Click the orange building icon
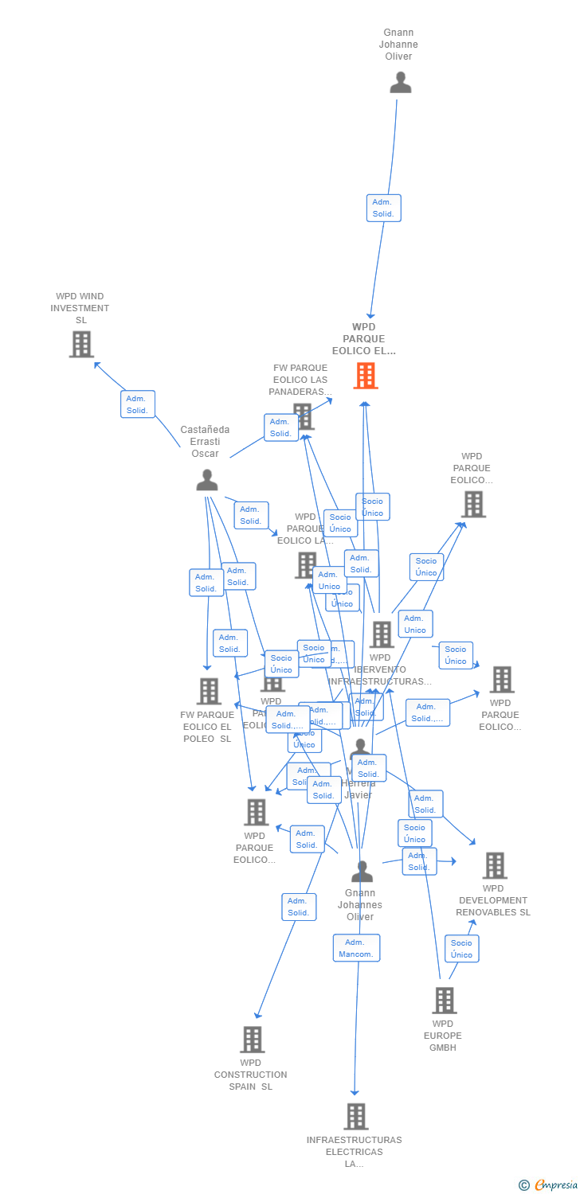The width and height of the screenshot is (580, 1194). coord(366,375)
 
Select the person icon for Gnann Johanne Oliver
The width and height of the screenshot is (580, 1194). coord(400,83)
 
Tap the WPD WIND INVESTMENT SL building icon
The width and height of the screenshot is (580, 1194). coord(81,344)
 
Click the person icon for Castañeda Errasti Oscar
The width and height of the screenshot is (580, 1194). coord(207,480)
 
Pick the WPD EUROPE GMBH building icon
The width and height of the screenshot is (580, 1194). coord(444,1000)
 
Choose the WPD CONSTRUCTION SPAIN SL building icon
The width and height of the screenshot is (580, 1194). coord(253,1039)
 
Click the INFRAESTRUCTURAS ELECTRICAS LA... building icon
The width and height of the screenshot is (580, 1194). coord(355,1116)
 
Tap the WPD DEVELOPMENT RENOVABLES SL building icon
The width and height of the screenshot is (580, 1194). coord(495,865)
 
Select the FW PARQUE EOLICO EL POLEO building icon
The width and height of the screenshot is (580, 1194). coord(209,691)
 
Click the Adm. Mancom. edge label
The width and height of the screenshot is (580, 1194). coord(356,948)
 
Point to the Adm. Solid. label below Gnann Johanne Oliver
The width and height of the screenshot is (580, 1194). coord(383,208)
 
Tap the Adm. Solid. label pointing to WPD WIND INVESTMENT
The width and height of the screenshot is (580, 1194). coord(137,404)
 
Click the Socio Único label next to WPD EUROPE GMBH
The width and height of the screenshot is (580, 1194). coord(461,949)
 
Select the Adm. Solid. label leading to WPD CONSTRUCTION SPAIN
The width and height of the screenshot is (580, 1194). coord(299,907)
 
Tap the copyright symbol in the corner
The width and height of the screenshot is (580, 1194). coord(524,1185)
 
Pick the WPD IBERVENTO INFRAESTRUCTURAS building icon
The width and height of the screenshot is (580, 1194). coord(382,634)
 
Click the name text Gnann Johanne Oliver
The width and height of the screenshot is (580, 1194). coord(398,45)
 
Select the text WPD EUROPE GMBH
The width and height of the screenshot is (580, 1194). coord(443,1036)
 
